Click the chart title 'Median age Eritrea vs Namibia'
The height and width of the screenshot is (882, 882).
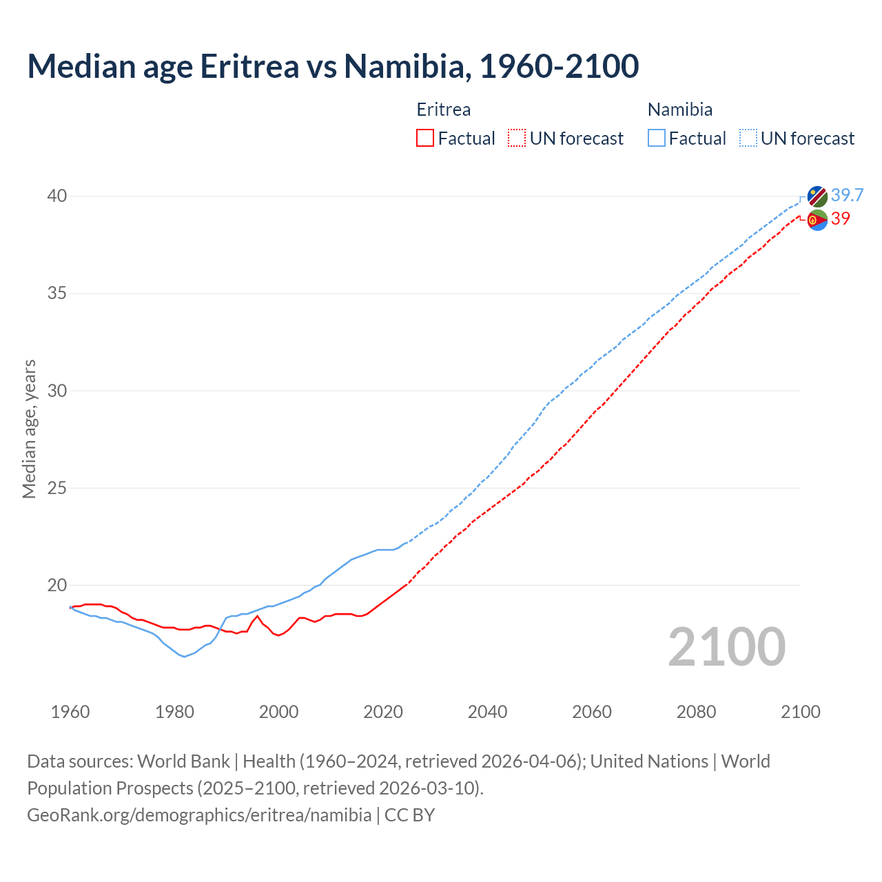coord(333,66)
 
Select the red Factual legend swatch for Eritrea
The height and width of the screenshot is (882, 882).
coord(425,139)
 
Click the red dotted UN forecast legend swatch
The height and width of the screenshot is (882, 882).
coord(517,139)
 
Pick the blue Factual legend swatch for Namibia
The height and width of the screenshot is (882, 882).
coord(657,139)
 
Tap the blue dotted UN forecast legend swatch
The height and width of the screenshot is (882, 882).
coord(748,139)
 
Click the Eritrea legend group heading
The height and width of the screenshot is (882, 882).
coord(444,110)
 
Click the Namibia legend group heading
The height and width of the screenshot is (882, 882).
coord(680,110)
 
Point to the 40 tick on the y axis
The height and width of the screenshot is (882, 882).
coord(57,196)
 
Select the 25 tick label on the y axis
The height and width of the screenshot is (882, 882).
coord(57,489)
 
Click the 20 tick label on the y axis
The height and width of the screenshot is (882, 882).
coord(57,586)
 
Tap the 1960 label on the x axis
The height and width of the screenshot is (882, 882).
coord(70,712)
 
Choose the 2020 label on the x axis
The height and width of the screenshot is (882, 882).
coord(383,712)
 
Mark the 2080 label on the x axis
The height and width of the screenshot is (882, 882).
coord(696,712)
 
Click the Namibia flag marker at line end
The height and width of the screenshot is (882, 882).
coord(817,196)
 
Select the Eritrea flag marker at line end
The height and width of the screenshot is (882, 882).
coord(817,220)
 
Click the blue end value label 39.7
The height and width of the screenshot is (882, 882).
coord(847,196)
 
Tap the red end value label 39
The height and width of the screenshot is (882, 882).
coord(841,218)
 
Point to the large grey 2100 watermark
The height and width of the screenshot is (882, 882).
coord(727,646)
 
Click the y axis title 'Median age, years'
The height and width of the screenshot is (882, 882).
coord(29,429)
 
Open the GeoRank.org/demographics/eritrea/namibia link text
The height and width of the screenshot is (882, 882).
coord(199,815)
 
